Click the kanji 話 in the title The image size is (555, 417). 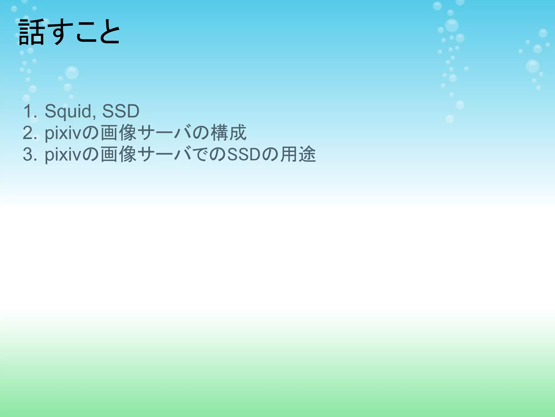coord(31,32)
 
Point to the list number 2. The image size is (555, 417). coord(29,133)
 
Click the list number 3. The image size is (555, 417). coord(29,154)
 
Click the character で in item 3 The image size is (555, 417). coord(201,154)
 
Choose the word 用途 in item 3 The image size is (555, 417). coord(298,154)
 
